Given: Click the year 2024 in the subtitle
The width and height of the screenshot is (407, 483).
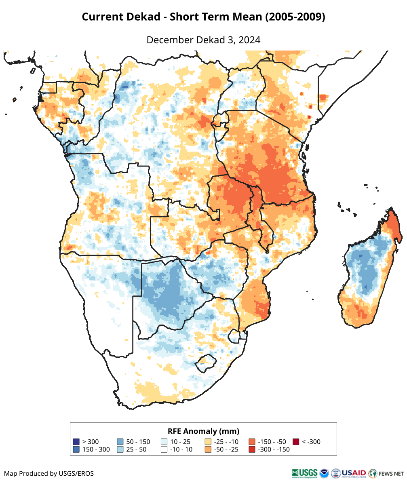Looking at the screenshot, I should (249, 40).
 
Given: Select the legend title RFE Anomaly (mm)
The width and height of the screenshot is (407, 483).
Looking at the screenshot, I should (203, 431).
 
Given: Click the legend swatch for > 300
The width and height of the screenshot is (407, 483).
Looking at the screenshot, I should (76, 442).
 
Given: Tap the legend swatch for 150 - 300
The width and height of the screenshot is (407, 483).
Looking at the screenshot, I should (76, 449).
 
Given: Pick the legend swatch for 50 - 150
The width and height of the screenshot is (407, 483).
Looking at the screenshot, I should (120, 442).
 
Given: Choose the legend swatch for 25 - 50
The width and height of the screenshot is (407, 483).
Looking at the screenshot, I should (120, 449).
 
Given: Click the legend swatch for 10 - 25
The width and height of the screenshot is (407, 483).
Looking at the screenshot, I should (164, 442).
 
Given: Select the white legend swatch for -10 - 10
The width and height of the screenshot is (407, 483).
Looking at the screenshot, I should (164, 449).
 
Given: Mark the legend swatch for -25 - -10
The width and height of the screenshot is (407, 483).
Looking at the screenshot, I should (208, 442).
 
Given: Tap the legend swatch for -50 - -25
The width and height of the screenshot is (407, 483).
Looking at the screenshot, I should (208, 449).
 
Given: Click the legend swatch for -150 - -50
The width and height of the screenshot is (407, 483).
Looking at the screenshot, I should (252, 442).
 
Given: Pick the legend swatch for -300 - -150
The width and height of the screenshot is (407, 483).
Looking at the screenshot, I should (252, 449).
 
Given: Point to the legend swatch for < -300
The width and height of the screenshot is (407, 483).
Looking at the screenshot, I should (296, 442).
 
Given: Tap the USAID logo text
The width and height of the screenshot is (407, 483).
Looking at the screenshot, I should (354, 473).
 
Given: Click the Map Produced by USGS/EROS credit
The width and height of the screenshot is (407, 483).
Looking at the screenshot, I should (49, 473).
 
